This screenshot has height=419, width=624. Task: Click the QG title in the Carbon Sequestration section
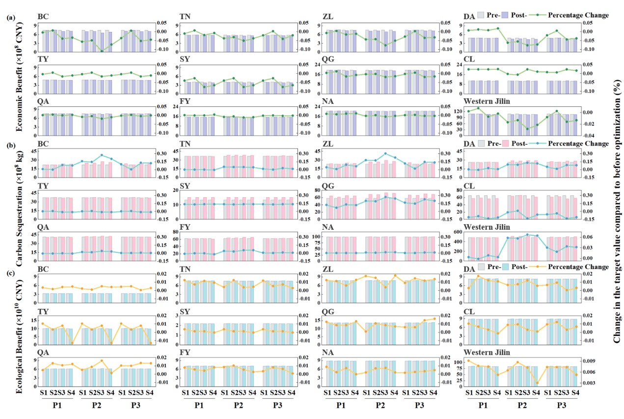pyautogui.click(x=327, y=185)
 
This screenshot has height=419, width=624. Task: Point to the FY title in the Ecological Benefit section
pyautogui.click(x=185, y=353)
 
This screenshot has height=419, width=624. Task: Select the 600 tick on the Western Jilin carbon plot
pyautogui.click(x=456, y=232)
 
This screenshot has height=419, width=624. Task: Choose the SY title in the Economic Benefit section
pyautogui.click(x=185, y=59)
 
